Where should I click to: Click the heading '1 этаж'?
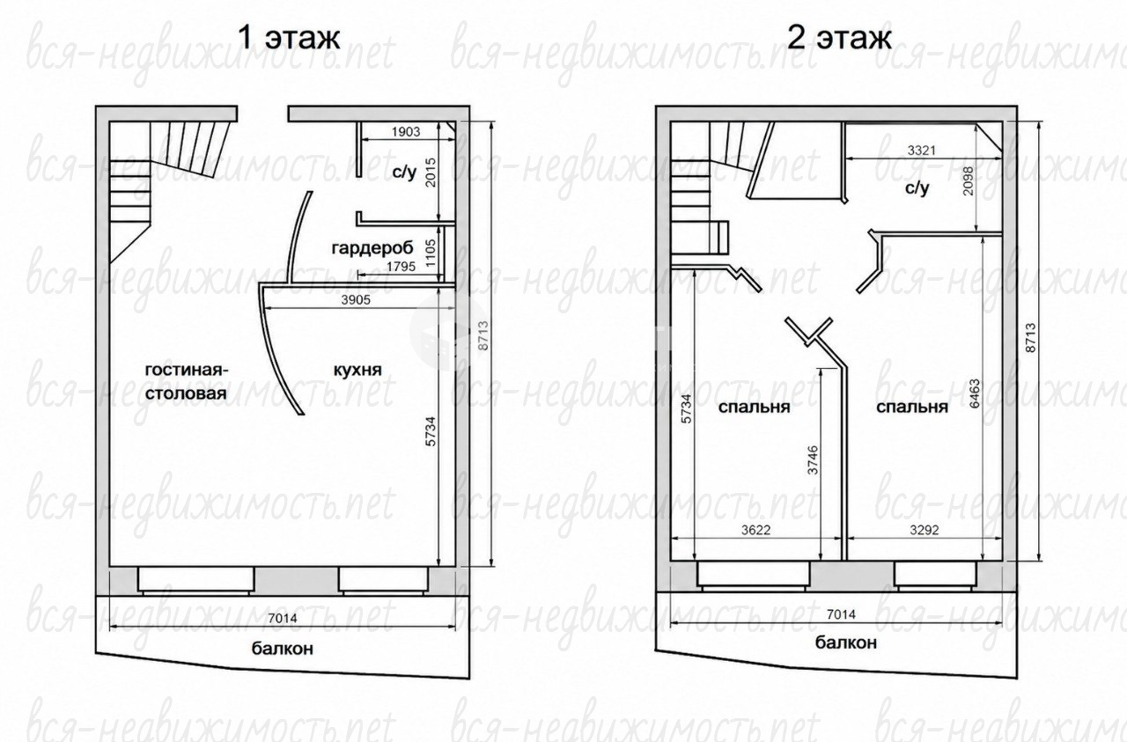point(290,37)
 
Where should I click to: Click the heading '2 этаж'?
point(839,37)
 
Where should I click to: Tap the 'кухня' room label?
point(357,370)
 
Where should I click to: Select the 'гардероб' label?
point(372,248)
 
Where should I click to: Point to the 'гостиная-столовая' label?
point(187,381)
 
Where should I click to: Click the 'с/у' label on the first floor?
point(405,173)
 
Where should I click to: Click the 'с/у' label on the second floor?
point(917,188)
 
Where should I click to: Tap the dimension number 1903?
point(406,132)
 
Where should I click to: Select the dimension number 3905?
point(356,300)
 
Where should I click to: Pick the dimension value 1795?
point(401,267)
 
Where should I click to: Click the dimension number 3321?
point(921,151)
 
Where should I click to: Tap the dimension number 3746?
point(813,459)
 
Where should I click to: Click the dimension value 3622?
point(755,530)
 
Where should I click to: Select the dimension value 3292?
point(924,530)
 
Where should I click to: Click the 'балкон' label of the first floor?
point(283,649)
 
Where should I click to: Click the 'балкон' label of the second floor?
point(846,643)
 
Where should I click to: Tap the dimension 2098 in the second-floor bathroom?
point(968,180)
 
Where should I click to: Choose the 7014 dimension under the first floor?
point(283,618)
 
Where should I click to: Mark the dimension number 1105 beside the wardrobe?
point(431,253)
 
